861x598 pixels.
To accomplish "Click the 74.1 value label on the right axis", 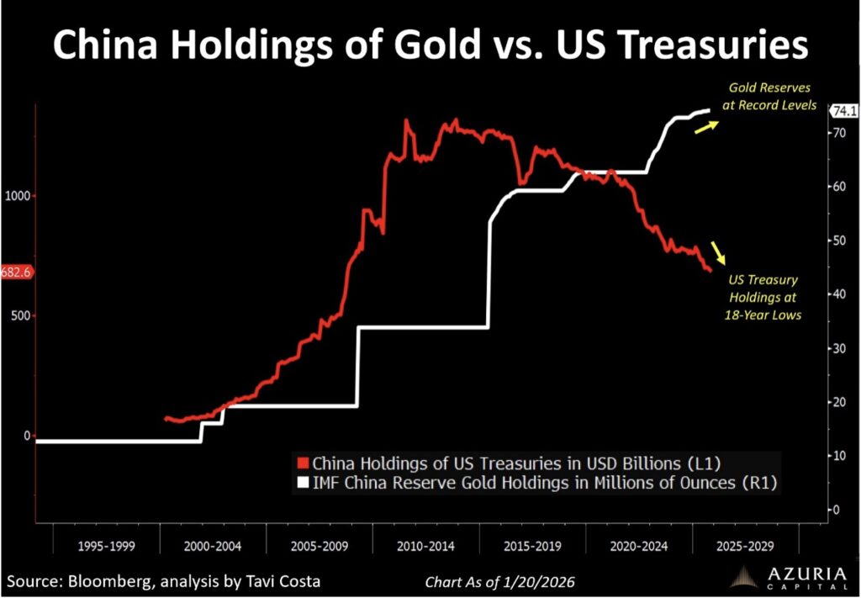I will [x=843, y=111].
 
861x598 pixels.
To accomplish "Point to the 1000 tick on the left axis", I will [x=19, y=195].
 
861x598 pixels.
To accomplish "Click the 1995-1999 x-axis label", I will [x=106, y=546].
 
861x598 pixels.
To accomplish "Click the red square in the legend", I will [x=304, y=463].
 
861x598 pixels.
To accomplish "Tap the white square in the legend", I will [x=304, y=483].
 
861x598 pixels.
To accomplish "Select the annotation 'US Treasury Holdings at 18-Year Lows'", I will [x=763, y=297].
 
